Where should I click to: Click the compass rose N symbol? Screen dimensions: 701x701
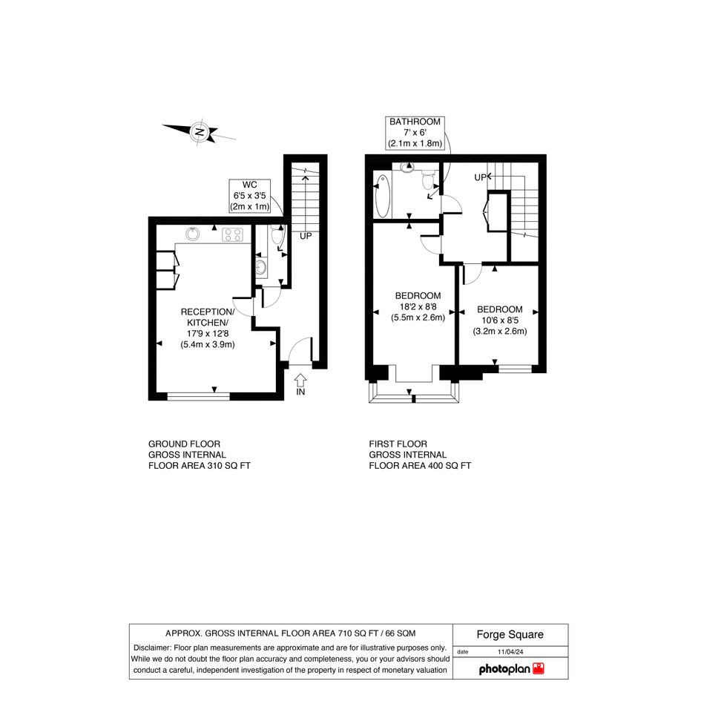[199, 132]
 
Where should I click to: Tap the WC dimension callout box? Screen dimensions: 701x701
[250, 196]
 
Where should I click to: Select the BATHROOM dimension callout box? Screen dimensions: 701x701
[415, 133]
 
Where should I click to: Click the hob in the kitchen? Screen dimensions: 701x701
[233, 234]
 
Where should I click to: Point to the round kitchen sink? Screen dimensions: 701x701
[193, 234]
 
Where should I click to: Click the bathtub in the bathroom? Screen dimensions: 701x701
[382, 196]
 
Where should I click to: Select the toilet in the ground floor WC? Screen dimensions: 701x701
[277, 234]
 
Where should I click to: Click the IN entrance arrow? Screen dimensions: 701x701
[300, 381]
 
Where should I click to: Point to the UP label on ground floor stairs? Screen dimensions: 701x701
[306, 236]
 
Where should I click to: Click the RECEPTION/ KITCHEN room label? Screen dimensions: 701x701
[208, 317]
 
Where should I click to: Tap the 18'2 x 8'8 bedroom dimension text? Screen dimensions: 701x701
[418, 306]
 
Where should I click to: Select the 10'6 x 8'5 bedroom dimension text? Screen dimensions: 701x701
[500, 320]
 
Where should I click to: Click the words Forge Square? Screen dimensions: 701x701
[510, 634]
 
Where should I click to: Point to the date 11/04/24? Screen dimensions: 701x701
[510, 652]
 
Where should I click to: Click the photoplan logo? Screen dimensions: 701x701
[511, 669]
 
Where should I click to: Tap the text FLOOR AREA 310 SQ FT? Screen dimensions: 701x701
[200, 465]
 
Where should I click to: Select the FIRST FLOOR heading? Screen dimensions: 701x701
[398, 444]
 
